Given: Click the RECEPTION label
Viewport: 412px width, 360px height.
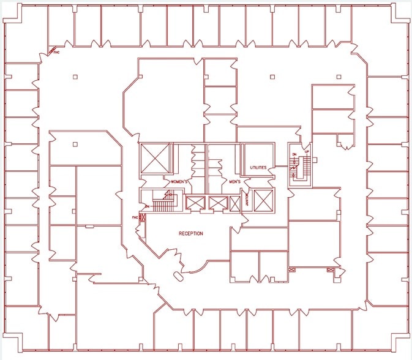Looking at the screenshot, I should tap(190, 233).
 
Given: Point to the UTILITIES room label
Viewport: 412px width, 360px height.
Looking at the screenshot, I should tap(258, 167).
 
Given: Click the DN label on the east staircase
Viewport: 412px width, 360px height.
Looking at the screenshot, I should tap(294, 154).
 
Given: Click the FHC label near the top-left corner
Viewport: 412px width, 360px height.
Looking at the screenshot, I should tap(56, 53).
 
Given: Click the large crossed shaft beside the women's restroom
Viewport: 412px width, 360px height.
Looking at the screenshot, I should tap(155, 159).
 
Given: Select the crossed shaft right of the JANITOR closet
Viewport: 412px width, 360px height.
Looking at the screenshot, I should tap(263, 200).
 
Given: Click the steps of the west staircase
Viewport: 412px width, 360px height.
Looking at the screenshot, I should tap(163, 204).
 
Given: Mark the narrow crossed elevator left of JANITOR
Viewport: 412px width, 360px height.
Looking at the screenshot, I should tap(236, 204).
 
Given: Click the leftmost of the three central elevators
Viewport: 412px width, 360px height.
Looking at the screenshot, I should tap(193, 203).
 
